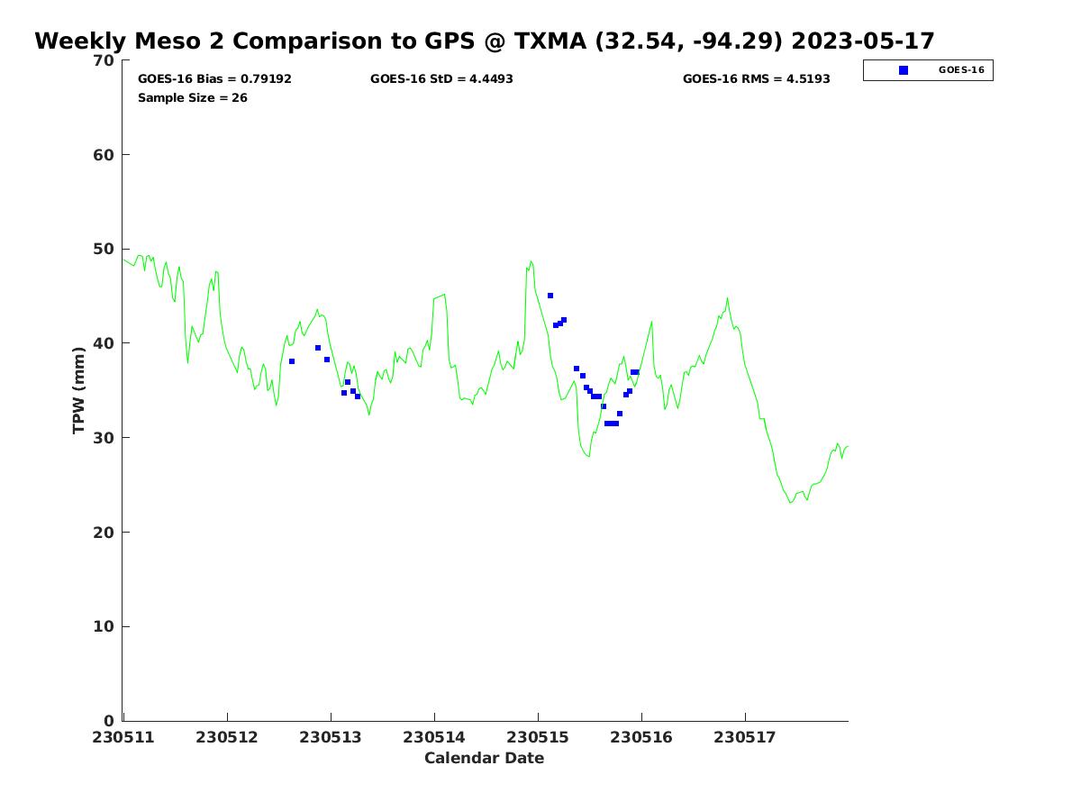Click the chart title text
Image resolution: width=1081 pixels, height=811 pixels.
click(485, 41)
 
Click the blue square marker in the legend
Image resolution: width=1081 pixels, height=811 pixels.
click(904, 70)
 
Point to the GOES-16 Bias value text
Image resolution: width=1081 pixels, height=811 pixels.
click(214, 79)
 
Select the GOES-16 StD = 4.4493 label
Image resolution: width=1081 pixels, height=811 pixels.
click(441, 79)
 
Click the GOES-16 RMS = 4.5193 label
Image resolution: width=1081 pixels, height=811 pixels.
click(756, 79)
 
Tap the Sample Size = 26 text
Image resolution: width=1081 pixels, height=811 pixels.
click(192, 97)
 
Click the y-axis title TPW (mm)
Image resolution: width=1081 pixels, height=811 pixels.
click(79, 390)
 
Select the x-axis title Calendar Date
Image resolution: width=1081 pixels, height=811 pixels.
click(485, 759)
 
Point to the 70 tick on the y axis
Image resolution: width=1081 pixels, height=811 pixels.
click(105, 60)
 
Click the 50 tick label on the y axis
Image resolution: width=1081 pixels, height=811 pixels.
click(105, 250)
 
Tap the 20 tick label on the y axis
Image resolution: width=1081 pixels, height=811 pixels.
click(105, 533)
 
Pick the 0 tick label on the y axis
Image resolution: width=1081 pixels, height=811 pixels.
click(110, 721)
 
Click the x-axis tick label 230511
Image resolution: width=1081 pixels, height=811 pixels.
click(123, 738)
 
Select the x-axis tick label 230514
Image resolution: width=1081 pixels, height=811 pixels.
click(434, 738)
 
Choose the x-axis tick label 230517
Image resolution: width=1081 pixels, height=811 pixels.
click(745, 738)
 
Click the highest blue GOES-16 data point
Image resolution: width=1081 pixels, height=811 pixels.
click(550, 296)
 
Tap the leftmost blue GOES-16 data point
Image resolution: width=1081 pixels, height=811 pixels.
click(292, 361)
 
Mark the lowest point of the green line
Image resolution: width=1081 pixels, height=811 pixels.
click(791, 502)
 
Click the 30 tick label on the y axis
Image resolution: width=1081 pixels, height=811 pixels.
click(105, 438)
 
